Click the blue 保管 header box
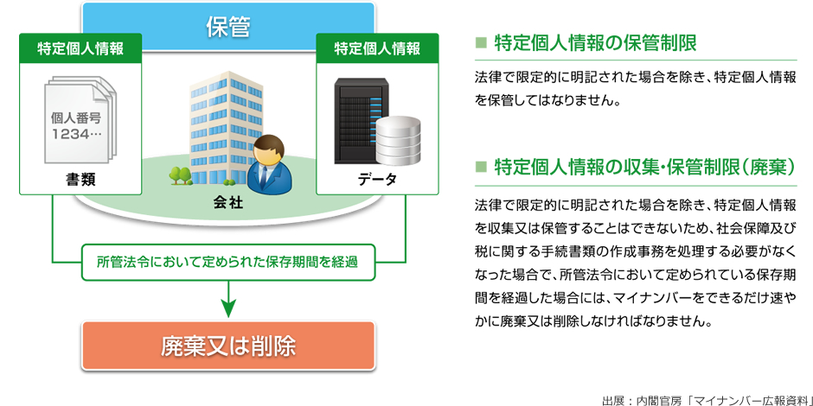click(227, 27)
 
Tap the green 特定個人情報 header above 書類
click(80, 48)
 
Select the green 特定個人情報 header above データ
click(377, 48)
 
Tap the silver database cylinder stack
click(398, 140)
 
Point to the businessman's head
click(270, 149)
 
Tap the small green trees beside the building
click(180, 175)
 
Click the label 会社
click(227, 202)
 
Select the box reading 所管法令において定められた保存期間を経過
click(227, 262)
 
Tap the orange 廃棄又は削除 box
click(227, 346)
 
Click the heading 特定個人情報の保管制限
click(595, 43)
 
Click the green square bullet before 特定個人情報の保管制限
click(481, 43)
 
